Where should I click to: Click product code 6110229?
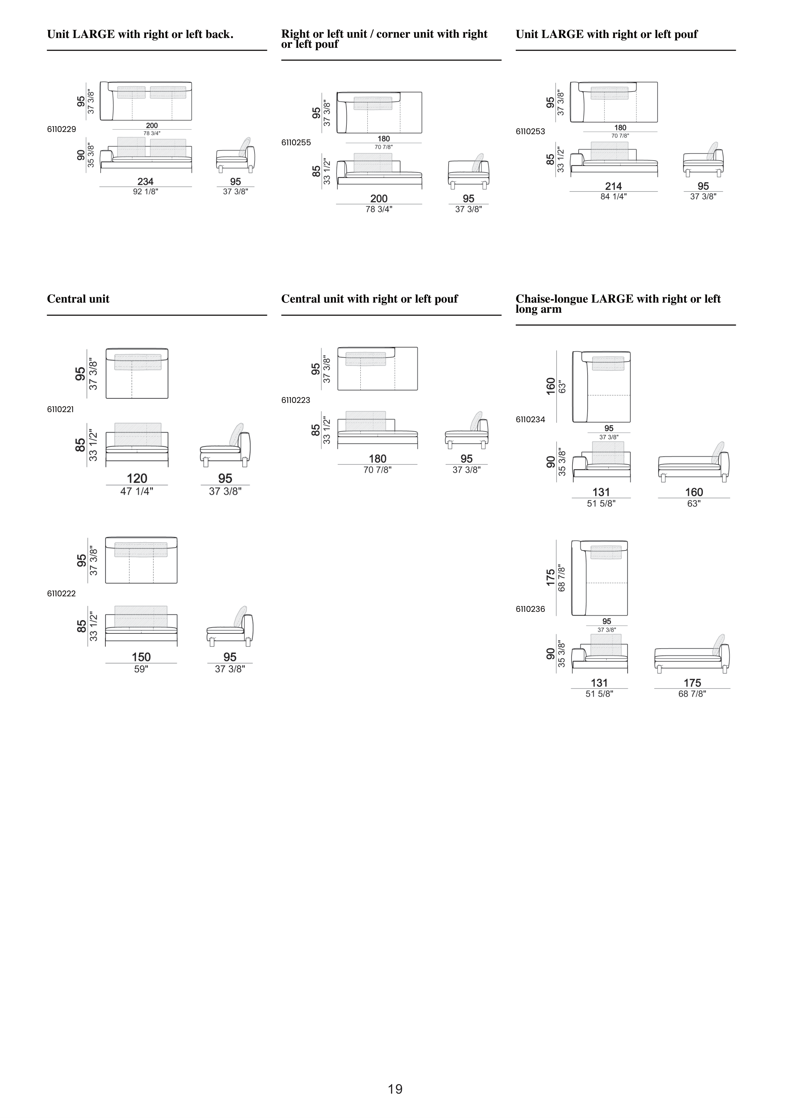[61, 129]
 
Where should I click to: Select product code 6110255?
[296, 143]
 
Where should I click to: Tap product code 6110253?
[531, 131]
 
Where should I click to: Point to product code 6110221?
[60, 410]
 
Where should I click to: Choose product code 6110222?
[61, 594]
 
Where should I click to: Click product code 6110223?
[295, 400]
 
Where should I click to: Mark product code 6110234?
[531, 419]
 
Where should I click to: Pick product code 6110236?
[531, 609]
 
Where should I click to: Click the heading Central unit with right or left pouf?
[370, 299]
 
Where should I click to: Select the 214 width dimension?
[613, 186]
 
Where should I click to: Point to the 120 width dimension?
[137, 479]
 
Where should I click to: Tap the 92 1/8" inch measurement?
[146, 192]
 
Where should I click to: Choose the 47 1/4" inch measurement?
[137, 491]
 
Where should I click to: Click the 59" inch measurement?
[141, 669]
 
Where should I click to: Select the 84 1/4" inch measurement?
[613, 197]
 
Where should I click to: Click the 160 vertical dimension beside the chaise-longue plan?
[551, 386]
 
